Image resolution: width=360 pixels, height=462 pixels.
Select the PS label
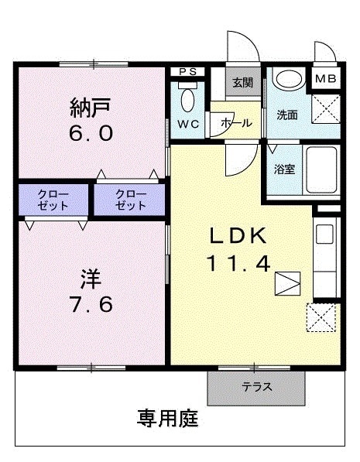(x=187, y=72)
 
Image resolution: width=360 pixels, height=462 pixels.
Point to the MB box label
(x=327, y=78)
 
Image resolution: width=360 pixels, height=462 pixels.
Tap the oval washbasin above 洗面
(x=289, y=80)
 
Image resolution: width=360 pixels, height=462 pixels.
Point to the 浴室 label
(x=284, y=169)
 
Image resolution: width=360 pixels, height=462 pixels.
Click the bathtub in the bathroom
(x=321, y=169)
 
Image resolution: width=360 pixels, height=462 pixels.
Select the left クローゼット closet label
(x=53, y=200)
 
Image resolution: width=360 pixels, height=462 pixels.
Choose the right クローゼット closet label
(x=130, y=200)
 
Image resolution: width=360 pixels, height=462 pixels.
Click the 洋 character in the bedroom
(x=90, y=276)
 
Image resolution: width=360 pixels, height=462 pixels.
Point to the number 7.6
(x=90, y=305)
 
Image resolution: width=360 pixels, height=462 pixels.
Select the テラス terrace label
(x=256, y=386)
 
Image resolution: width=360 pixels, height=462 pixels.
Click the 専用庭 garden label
(x=168, y=419)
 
